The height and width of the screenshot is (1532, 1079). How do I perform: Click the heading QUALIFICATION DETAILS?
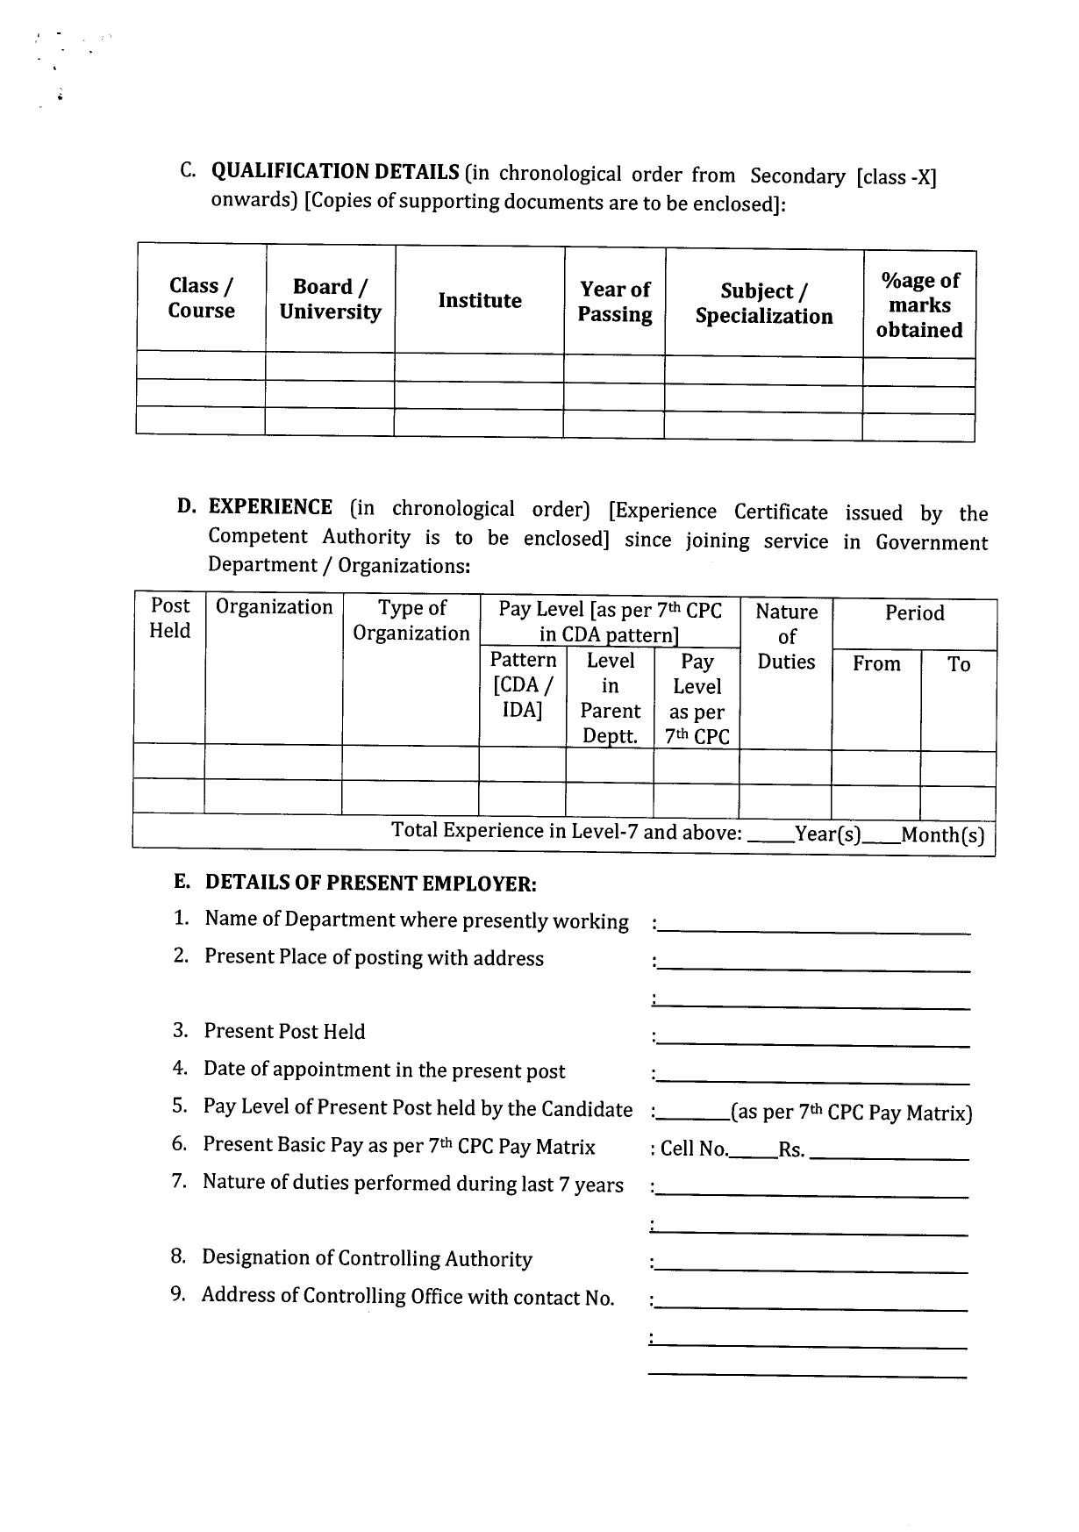[335, 171]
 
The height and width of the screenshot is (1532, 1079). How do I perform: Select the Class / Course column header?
[202, 298]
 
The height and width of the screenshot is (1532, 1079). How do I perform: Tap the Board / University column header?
[330, 299]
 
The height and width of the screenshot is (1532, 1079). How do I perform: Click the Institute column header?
[480, 301]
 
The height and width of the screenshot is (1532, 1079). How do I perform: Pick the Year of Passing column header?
[615, 302]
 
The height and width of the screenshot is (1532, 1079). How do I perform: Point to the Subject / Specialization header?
[764, 304]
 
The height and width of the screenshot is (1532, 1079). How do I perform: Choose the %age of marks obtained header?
[919, 305]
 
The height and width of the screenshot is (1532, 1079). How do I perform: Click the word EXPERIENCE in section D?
[270, 507]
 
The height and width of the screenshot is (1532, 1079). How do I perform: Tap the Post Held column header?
[169, 618]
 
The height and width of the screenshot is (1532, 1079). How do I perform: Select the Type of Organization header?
[411, 620]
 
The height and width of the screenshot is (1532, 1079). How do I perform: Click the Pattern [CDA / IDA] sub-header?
[523, 684]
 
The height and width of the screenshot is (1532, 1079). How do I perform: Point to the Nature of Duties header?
[786, 636]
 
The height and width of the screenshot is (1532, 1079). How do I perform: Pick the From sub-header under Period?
[876, 664]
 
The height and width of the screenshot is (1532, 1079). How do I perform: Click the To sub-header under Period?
[959, 665]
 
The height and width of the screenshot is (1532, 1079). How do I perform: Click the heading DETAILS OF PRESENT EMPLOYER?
[370, 884]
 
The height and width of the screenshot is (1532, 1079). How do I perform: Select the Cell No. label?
[694, 1149]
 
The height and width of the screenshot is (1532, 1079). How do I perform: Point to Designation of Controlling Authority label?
[367, 1258]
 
